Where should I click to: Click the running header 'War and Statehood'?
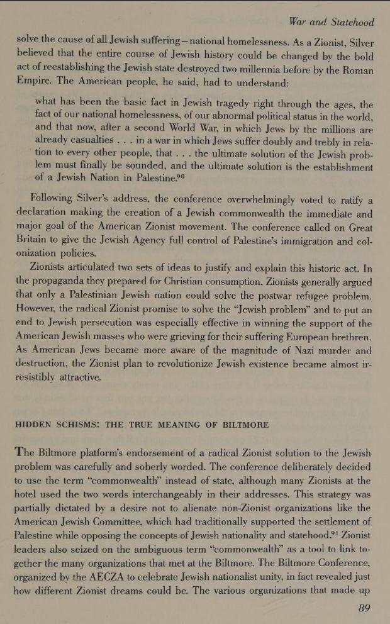click(331, 22)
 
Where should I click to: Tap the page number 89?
click(364, 608)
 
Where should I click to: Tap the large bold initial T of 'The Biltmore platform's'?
click(21, 452)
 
